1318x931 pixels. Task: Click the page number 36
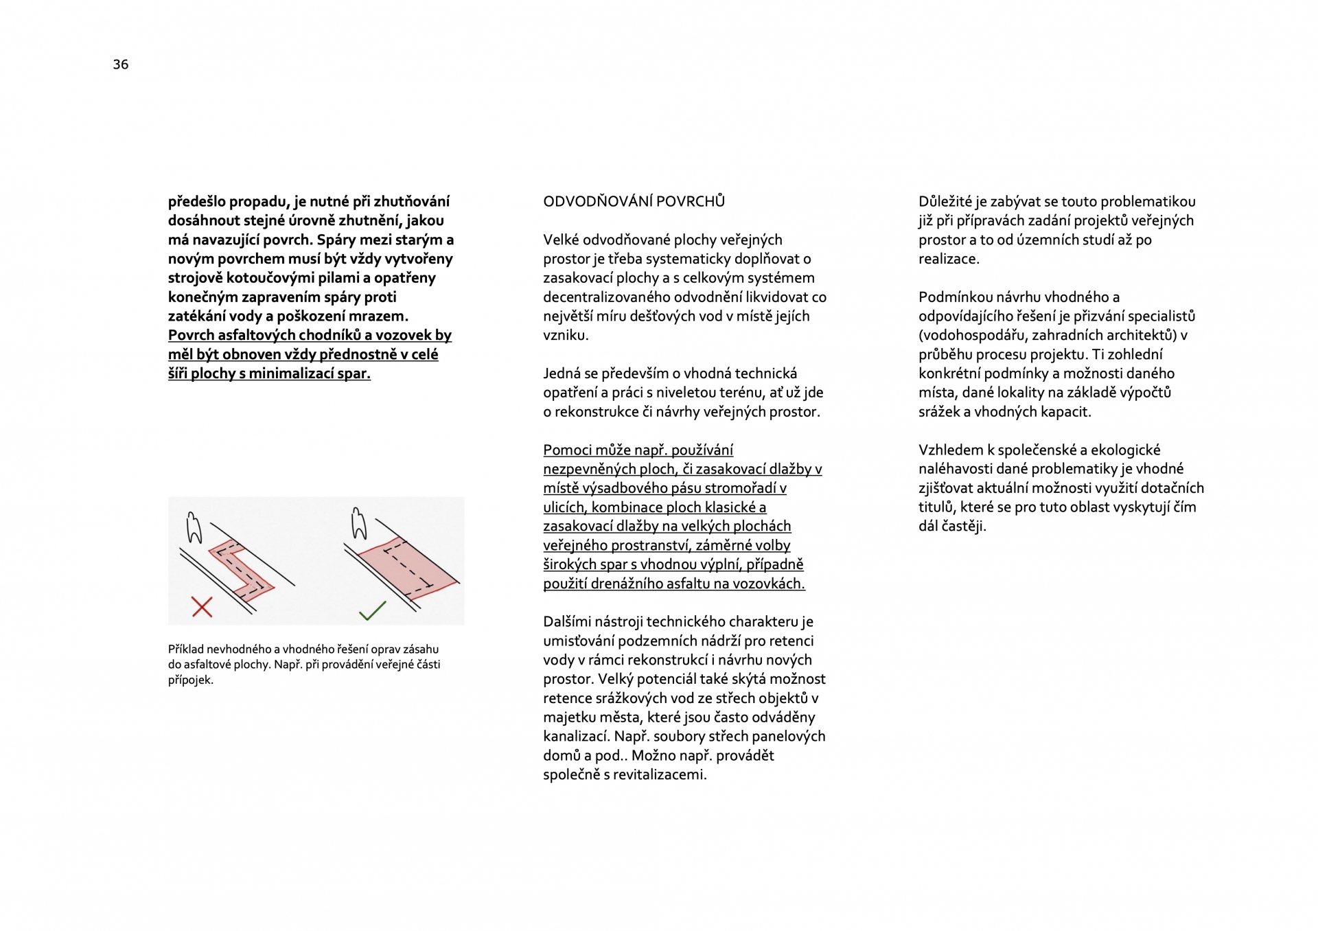(x=121, y=65)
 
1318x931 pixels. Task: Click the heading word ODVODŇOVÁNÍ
(x=597, y=202)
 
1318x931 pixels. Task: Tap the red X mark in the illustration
(x=202, y=607)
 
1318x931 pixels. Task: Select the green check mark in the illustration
(x=373, y=610)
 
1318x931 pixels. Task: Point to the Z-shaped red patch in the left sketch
(x=241, y=569)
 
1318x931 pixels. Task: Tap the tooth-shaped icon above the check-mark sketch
(x=358, y=524)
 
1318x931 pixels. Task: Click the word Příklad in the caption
(x=185, y=650)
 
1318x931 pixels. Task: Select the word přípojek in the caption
(x=191, y=680)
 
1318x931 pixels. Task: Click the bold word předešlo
(x=196, y=202)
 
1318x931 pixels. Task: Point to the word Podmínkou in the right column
(x=951, y=297)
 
